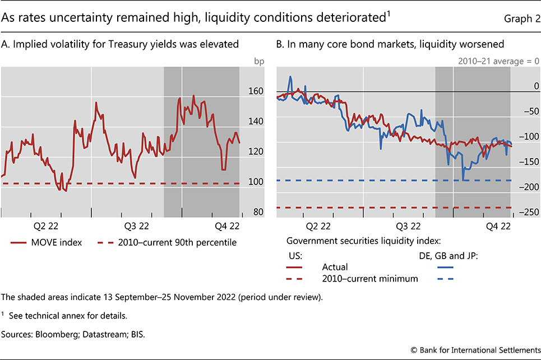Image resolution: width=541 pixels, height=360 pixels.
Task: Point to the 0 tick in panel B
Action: [x=534, y=86]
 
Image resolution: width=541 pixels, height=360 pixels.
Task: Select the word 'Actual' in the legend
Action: [x=335, y=267]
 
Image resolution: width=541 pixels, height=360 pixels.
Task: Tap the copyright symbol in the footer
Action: [x=415, y=350]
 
